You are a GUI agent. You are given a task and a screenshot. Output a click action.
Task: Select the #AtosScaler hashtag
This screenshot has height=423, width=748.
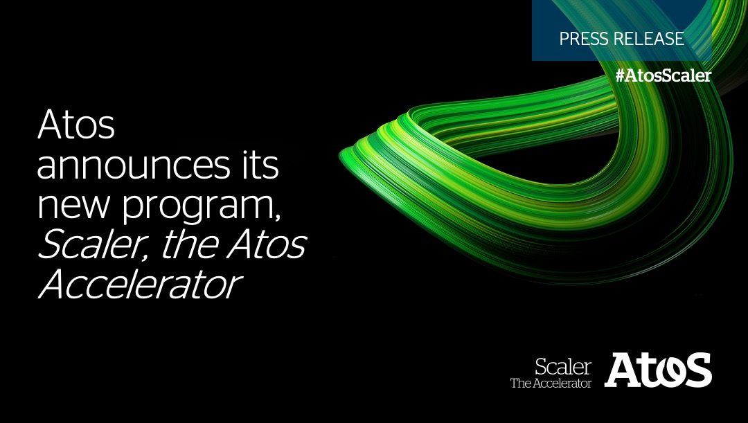point(663,76)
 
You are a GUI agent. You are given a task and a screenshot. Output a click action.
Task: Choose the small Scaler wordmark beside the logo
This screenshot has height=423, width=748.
point(563,367)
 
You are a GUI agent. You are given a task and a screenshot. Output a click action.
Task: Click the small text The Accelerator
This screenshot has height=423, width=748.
point(551,383)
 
